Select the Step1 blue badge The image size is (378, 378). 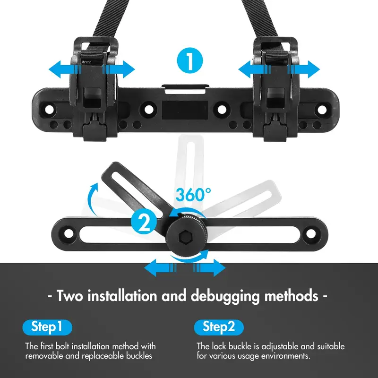tap(47, 326)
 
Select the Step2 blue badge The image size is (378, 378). tap(219, 326)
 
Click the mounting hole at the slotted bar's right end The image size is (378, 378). tap(311, 233)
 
